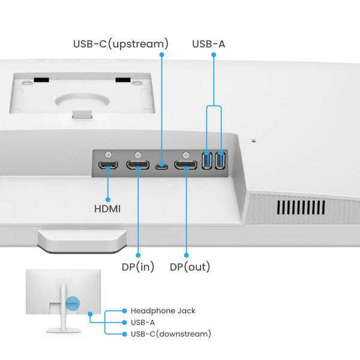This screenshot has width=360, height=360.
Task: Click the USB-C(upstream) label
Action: pyautogui.click(x=120, y=44)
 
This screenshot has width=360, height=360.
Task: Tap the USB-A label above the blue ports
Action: pyautogui.click(x=209, y=44)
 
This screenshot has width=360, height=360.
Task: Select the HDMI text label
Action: pyautogui.click(x=107, y=209)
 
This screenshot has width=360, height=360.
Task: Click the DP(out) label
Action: pyautogui.click(x=190, y=266)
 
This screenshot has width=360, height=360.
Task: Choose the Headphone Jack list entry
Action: pyautogui.click(x=163, y=311)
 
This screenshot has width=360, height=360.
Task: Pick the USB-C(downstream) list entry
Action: pyautogui.click(x=170, y=334)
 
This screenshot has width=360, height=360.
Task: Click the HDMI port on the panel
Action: pyautogui.click(x=108, y=165)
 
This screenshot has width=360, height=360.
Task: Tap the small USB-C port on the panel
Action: pyautogui.click(x=161, y=166)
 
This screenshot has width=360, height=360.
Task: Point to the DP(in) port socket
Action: pyautogui.click(x=138, y=165)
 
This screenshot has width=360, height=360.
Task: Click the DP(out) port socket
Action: pyautogui.click(x=186, y=165)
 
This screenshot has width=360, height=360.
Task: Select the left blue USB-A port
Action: pyautogui.click(x=208, y=161)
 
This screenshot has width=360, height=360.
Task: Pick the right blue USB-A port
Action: pyautogui.click(x=220, y=161)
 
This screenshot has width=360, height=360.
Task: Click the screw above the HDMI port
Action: pyautogui.click(x=108, y=154)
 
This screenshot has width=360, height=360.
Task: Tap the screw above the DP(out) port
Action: pyautogui.click(x=186, y=154)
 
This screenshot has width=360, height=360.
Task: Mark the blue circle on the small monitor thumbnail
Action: pyautogui.click(x=72, y=304)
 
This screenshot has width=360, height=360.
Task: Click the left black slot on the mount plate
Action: pyautogui.click(x=40, y=79)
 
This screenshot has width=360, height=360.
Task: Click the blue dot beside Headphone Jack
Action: pyautogui.click(x=124, y=311)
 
